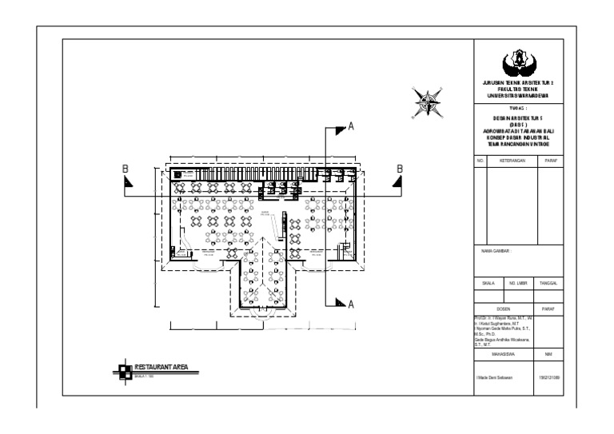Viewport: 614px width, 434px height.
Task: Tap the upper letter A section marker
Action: click(349, 126)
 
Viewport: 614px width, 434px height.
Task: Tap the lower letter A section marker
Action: click(349, 303)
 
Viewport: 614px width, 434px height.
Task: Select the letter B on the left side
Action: click(124, 168)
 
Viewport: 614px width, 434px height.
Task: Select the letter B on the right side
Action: click(399, 168)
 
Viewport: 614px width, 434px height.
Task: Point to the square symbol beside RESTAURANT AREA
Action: click(123, 369)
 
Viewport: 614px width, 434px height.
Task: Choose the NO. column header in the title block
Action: click(481, 160)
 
